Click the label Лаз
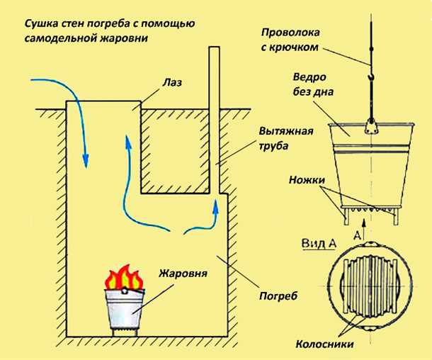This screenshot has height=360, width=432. click(171, 83)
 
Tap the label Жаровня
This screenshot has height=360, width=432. click(183, 273)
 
